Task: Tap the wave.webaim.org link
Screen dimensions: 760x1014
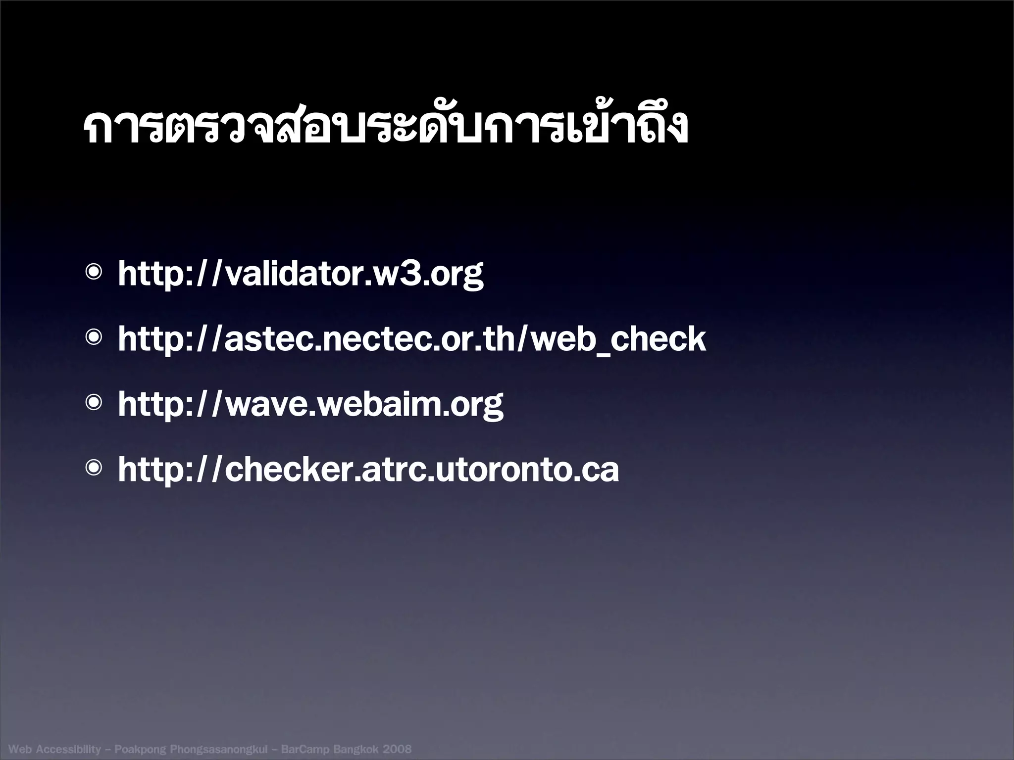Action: [310, 404]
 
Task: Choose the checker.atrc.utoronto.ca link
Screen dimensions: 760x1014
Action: [368, 470]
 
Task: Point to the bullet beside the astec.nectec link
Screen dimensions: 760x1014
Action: [94, 338]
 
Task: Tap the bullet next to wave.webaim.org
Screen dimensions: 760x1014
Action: [94, 403]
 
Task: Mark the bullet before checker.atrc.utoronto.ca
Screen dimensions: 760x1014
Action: [94, 468]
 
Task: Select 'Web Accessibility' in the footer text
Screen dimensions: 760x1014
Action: [55, 749]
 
